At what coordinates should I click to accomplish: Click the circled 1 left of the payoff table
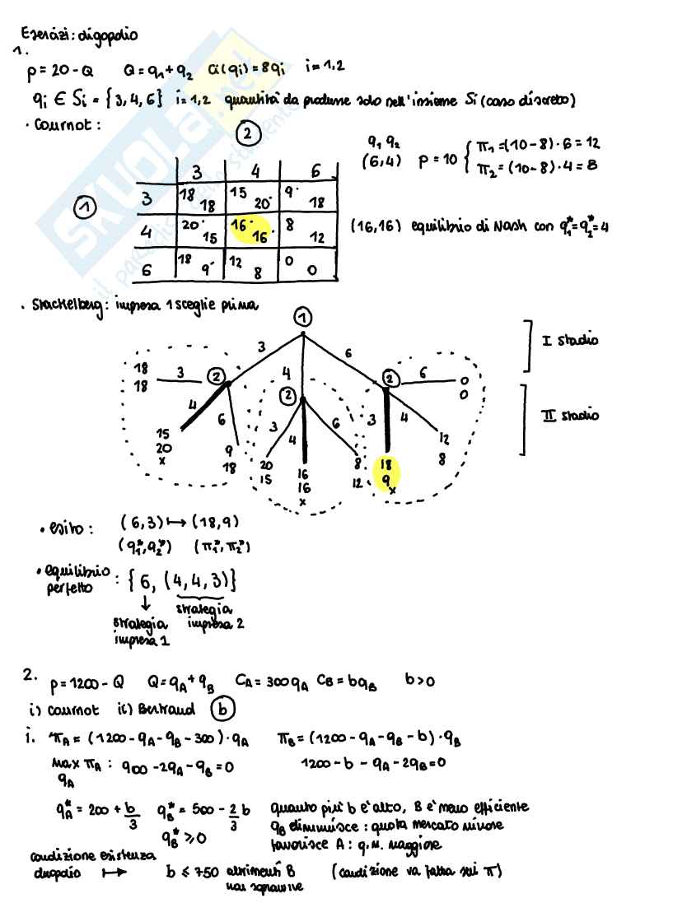(83, 211)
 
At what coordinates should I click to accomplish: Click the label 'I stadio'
(570, 339)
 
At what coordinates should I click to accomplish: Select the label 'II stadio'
(570, 415)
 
